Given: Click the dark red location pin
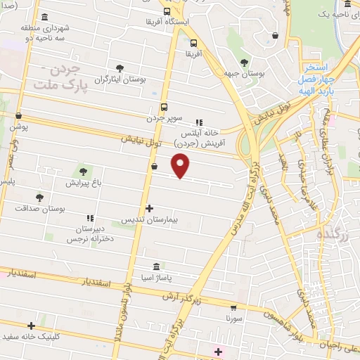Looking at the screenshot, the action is tap(181, 165).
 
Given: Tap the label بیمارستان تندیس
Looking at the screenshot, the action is tap(148, 220).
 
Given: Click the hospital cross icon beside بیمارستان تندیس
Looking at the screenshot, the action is tap(149, 208).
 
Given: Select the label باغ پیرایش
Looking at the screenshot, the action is tap(84, 183).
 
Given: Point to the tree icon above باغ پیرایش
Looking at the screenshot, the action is tap(84, 171).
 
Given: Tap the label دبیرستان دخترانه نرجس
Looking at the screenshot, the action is tap(89, 235).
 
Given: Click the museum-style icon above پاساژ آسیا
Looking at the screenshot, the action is tap(156, 268).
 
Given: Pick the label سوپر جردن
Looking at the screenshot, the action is tap(163, 118).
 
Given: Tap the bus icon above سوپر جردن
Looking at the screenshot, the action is tap(164, 108).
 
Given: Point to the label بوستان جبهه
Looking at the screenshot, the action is tap(245, 73).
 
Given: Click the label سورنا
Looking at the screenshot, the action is tap(233, 319).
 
